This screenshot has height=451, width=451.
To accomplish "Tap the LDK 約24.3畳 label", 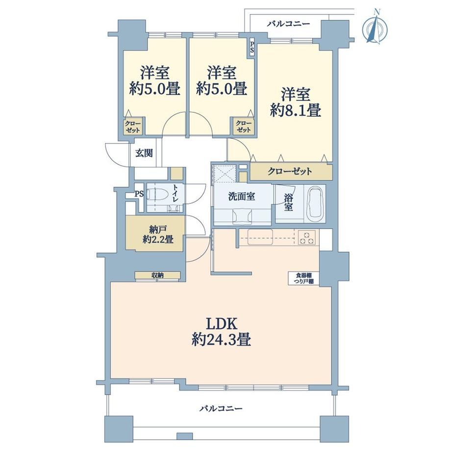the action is pyautogui.click(x=221, y=332).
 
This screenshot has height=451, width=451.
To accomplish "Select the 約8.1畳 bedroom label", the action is pyautogui.click(x=296, y=102).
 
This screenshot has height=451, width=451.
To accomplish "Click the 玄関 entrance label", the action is pyautogui.click(x=144, y=153).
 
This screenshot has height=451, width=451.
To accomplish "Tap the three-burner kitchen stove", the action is pyautogui.click(x=306, y=238).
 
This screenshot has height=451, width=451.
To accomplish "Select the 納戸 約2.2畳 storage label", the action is pyautogui.click(x=158, y=234).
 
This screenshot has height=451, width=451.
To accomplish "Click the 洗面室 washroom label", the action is pyautogui.click(x=242, y=197).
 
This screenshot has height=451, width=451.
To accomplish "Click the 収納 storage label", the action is pyautogui.click(x=158, y=276).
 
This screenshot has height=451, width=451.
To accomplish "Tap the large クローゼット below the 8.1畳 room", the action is pyautogui.click(x=290, y=172).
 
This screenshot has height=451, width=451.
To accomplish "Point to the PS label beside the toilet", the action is pyautogui.click(x=139, y=194).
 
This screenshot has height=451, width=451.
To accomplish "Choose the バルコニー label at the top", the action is pyautogui.click(x=288, y=24).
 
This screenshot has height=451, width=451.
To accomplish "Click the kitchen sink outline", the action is pyautogui.click(x=260, y=237).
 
